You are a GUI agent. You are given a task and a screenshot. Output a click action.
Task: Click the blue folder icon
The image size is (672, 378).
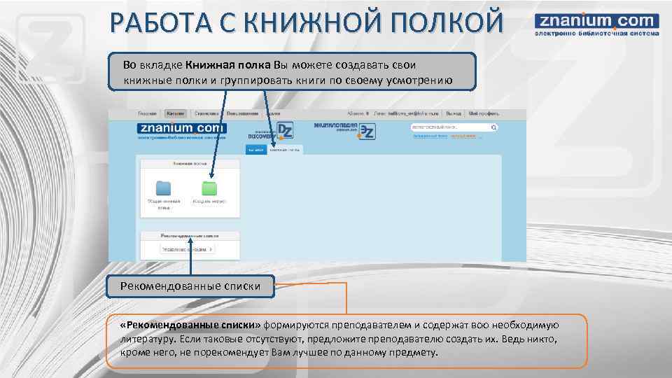[163, 188]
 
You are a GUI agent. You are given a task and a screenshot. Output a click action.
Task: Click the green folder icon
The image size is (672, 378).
[209, 188]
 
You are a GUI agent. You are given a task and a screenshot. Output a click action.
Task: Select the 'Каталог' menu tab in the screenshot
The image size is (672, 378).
[176, 113]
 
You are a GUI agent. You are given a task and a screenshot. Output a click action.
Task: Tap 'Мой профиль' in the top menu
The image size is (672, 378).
[483, 113]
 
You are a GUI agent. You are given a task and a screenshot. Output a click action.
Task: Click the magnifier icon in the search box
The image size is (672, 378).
[493, 127]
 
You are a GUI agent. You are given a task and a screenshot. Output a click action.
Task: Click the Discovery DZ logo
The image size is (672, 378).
[272, 131]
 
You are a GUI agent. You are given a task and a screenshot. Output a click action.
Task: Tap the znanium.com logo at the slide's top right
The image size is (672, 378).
[597, 25]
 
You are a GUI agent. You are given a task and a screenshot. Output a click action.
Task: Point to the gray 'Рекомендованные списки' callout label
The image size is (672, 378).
[190, 286]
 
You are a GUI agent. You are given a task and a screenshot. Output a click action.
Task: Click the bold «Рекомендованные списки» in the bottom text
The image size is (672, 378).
[189, 325]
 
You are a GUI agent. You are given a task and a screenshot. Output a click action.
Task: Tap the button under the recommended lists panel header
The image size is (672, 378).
[188, 248]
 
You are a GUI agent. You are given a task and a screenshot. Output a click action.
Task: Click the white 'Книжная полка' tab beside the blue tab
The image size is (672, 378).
[285, 149]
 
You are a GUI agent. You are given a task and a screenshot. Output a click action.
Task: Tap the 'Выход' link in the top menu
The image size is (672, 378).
[454, 113]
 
